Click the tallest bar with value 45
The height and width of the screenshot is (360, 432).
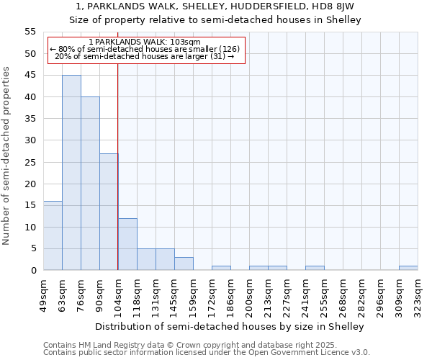tap(71, 173)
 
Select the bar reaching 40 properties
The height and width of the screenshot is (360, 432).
tap(90, 184)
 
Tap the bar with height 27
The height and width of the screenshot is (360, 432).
tap(109, 212)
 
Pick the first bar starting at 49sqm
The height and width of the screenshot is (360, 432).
tap(53, 235)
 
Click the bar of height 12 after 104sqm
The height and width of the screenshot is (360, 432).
tap(127, 244)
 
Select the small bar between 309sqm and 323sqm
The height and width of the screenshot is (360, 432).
tap(408, 268)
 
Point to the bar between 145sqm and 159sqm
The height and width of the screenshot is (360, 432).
tap(184, 264)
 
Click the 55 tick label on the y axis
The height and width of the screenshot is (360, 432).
tap(30, 32)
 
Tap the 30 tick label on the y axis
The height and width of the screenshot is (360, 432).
tap(30, 140)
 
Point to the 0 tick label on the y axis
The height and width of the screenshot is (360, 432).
tap(33, 270)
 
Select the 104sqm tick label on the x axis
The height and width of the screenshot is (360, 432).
tap(118, 294)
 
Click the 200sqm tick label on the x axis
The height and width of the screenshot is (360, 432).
tap(249, 294)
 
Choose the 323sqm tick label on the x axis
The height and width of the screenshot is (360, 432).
tap(418, 294)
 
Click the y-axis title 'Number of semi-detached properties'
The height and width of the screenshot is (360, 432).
tap(6, 156)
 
